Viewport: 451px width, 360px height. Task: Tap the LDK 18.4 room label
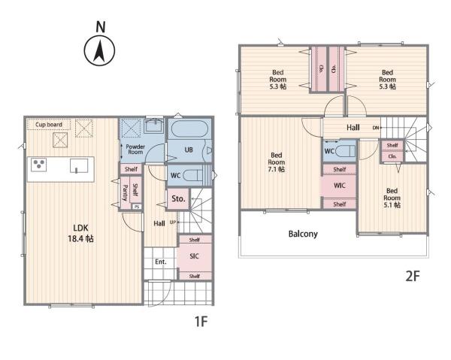point(80,233)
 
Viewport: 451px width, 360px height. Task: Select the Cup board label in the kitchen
point(49,125)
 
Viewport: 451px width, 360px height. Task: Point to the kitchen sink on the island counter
point(79,166)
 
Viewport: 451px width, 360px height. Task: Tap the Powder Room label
point(135,150)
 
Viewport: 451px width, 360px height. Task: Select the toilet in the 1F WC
point(192,175)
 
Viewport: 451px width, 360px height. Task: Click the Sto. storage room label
point(178,198)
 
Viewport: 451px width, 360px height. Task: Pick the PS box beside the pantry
point(137,207)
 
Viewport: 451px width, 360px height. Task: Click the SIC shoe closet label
point(194,256)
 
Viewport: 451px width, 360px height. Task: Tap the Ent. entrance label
point(161,262)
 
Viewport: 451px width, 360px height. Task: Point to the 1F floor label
point(201,321)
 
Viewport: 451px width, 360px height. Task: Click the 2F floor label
point(413,276)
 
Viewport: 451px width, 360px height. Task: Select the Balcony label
point(303,234)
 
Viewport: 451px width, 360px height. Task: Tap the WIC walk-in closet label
point(340,186)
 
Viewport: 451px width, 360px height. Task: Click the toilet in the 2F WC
point(346,150)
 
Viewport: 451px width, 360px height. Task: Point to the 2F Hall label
point(353,127)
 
